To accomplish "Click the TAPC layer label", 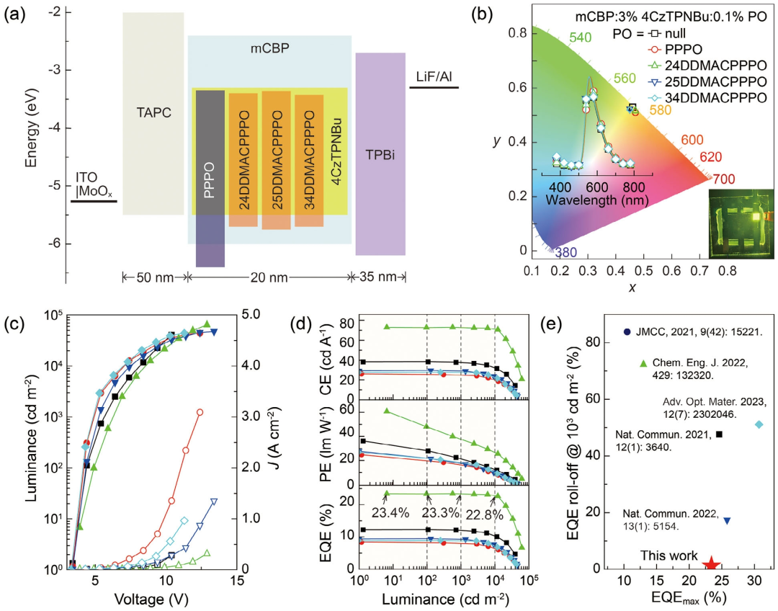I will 153,112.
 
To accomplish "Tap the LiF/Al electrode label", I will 434,76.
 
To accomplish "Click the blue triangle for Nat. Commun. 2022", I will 726,520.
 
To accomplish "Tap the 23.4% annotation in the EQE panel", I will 390,514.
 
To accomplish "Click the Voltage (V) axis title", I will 146,598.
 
